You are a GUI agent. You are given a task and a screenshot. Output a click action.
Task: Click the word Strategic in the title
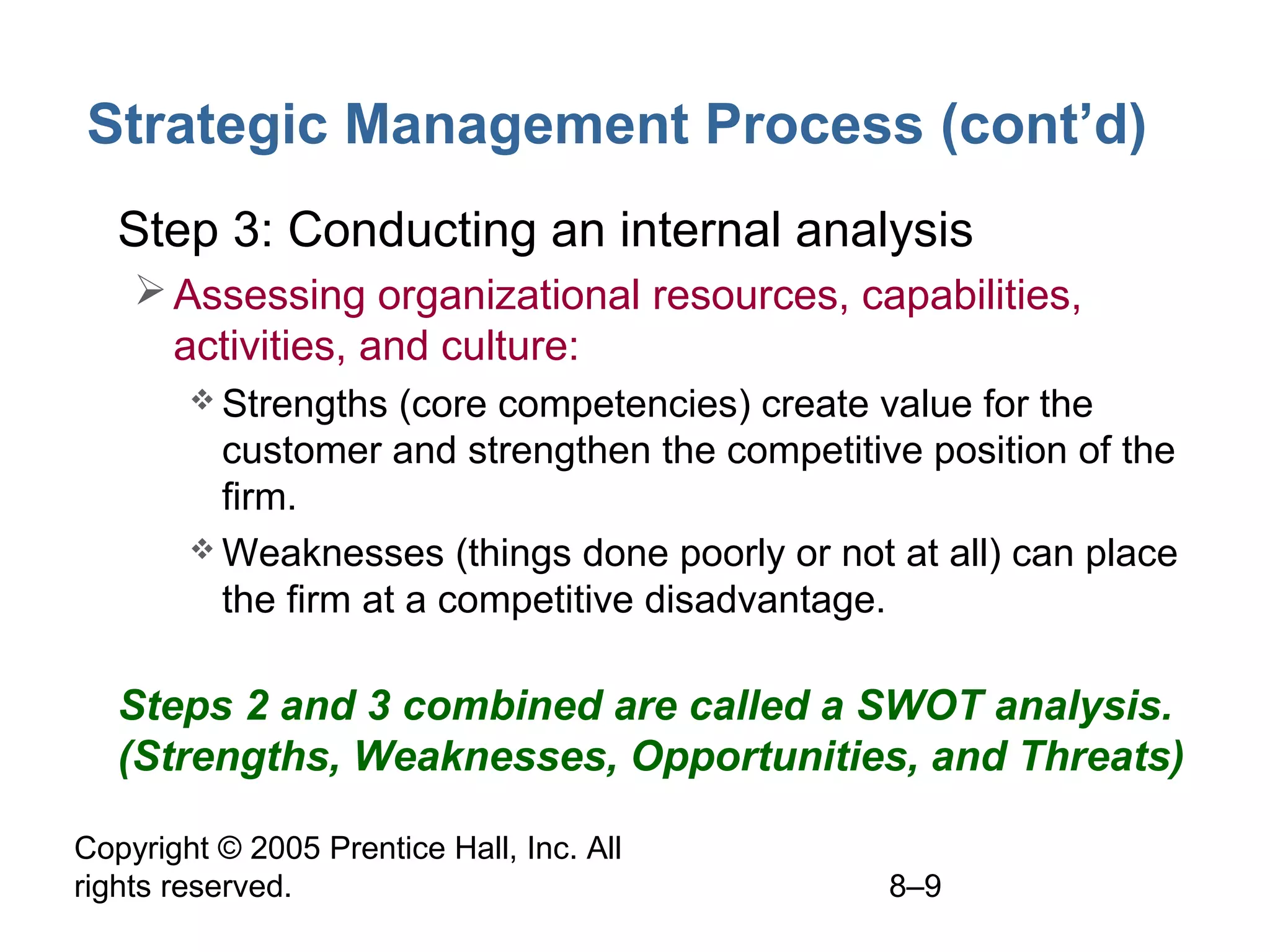pyautogui.click(x=207, y=126)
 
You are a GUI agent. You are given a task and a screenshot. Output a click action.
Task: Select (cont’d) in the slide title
pyautogui.click(x=1043, y=126)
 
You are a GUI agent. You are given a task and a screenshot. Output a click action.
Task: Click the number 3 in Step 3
pyautogui.click(x=247, y=231)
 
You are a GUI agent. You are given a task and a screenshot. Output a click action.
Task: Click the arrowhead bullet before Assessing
pyautogui.click(x=149, y=290)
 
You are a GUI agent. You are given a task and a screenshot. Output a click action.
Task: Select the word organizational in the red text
pyautogui.click(x=508, y=296)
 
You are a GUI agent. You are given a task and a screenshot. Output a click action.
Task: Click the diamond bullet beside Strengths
pyautogui.click(x=202, y=400)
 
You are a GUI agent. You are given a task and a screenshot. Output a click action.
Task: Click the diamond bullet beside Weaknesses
pyautogui.click(x=202, y=549)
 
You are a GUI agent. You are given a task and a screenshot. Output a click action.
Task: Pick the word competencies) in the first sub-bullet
pyautogui.click(x=624, y=405)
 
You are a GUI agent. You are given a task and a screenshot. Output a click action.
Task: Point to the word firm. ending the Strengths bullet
pyautogui.click(x=259, y=497)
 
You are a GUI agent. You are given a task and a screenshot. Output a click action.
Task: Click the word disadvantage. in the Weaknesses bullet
pyautogui.click(x=765, y=600)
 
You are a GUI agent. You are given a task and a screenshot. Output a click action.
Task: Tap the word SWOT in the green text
pyautogui.click(x=920, y=706)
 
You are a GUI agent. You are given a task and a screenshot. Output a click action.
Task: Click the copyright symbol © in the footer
pyautogui.click(x=229, y=848)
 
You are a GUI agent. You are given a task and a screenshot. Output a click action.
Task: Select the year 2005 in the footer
pyautogui.click(x=285, y=848)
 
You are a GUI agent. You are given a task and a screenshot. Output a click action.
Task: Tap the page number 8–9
pyautogui.click(x=915, y=886)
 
